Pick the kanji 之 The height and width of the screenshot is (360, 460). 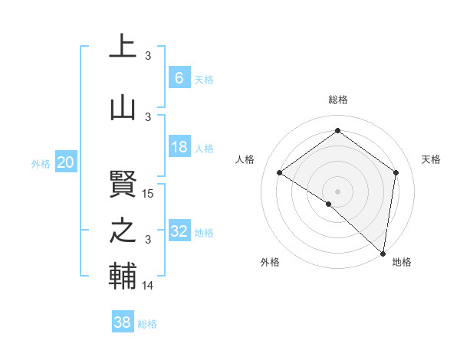(123, 231)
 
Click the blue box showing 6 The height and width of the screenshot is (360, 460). (179, 78)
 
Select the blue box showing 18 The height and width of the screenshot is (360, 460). (179, 147)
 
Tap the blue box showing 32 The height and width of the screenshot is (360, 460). (179, 231)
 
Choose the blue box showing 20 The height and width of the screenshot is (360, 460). (66, 162)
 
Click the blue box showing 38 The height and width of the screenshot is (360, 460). (123, 323)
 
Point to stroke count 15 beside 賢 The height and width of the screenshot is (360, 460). (149, 193)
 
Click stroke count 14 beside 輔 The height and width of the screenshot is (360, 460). (149, 286)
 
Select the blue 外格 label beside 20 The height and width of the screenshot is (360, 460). (41, 163)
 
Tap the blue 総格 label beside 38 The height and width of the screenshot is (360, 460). (147, 324)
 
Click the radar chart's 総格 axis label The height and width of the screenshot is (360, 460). (338, 100)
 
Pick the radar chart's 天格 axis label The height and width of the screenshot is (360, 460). (431, 159)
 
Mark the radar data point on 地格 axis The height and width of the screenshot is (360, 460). (383, 253)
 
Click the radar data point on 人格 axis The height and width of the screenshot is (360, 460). (280, 172)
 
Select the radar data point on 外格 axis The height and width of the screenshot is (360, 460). (329, 204)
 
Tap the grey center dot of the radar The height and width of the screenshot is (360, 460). (337, 191)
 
